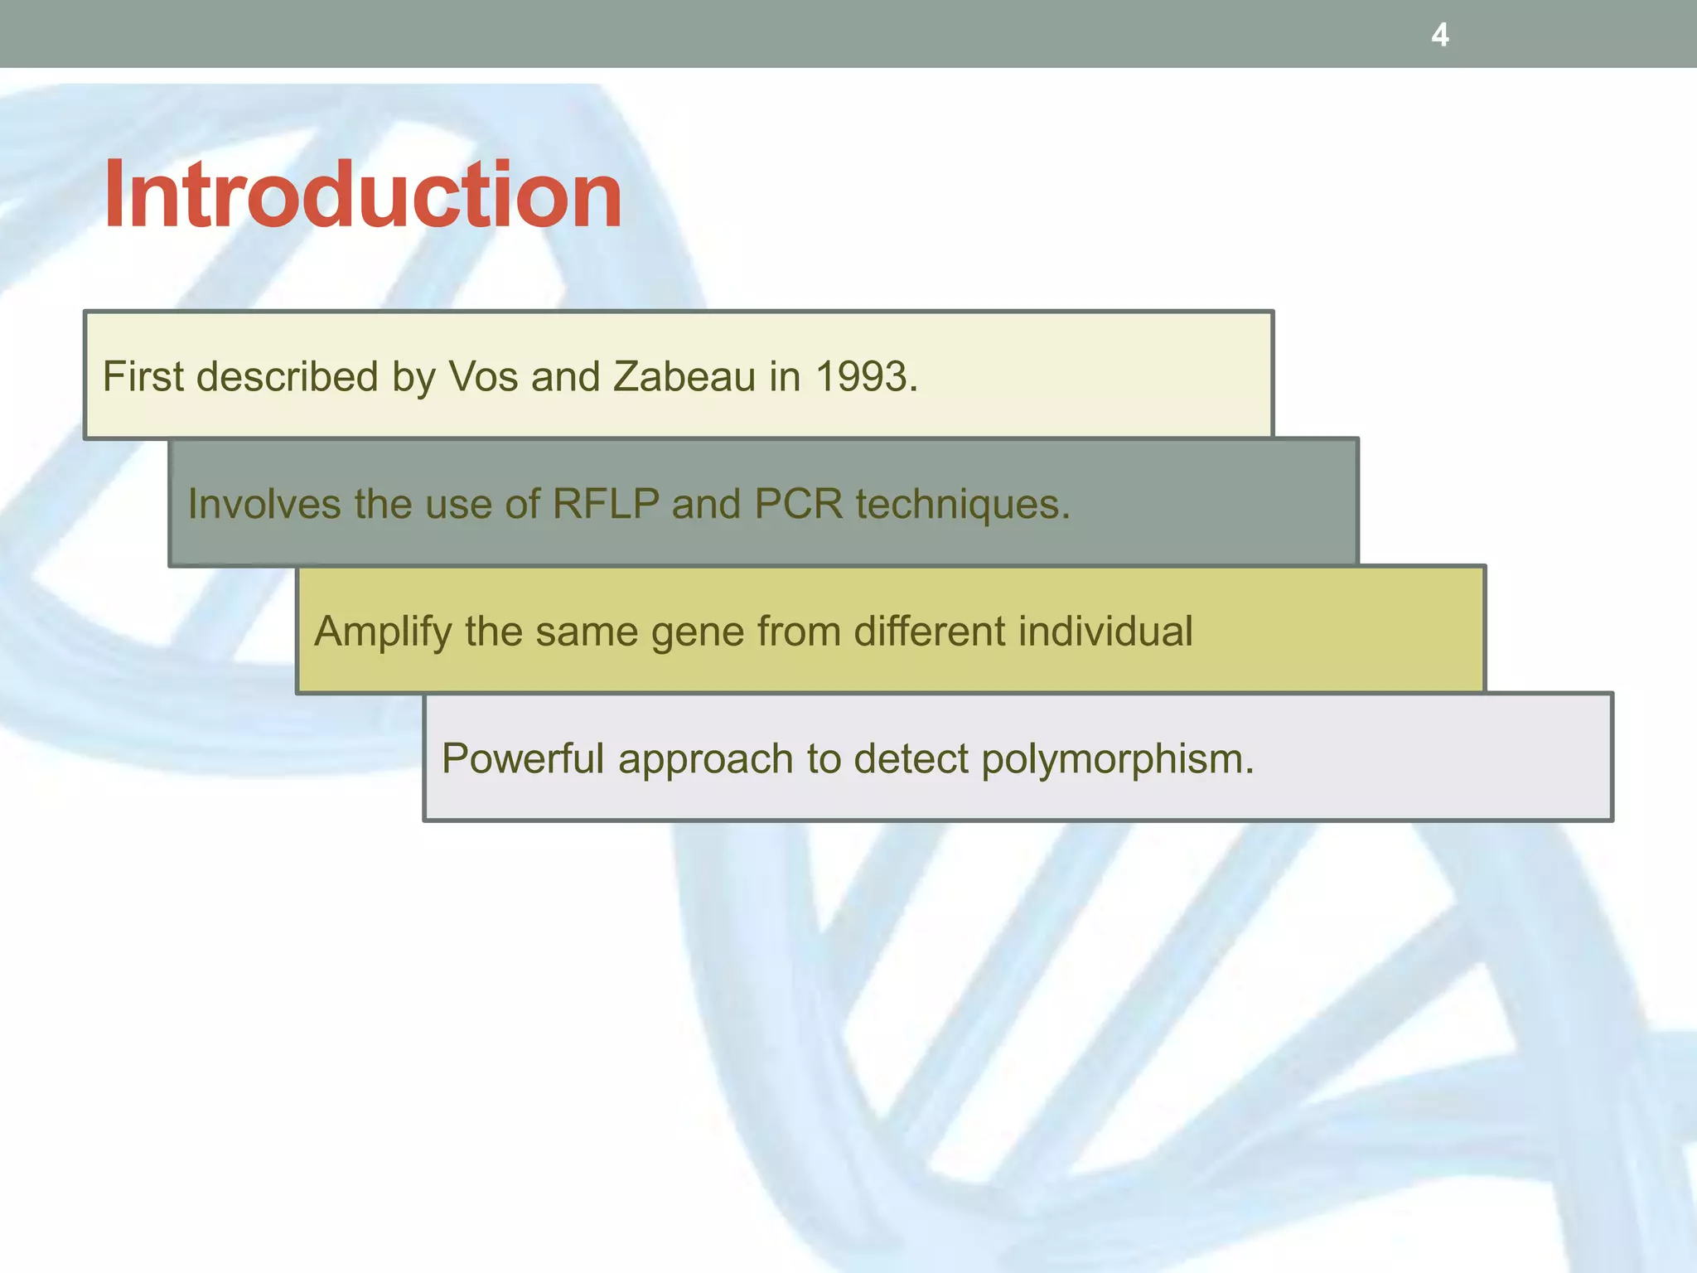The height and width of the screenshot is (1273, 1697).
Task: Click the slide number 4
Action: [x=1440, y=35]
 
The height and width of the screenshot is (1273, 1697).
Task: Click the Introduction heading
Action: [x=362, y=195]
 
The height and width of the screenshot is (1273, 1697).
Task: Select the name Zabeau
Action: [x=684, y=376]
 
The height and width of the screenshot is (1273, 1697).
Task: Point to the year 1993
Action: [x=865, y=376]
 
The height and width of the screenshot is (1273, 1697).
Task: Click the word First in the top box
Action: [x=143, y=376]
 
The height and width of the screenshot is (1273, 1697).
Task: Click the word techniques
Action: [x=963, y=503]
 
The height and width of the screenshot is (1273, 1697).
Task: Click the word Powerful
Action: [x=523, y=758]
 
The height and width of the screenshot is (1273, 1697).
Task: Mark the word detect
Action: [x=910, y=758]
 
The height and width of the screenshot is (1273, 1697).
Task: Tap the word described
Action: [x=288, y=376]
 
